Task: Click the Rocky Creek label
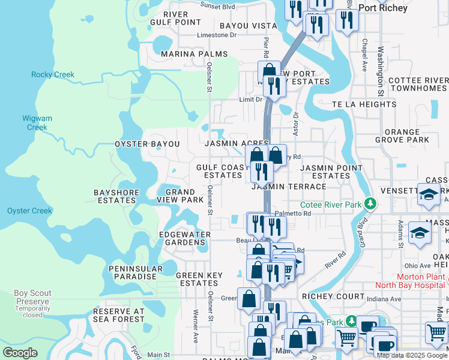tap(53, 75)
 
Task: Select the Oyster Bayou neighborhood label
tap(147, 145)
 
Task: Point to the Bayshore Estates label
tap(116, 196)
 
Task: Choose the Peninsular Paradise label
tap(136, 272)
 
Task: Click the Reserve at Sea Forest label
tap(119, 316)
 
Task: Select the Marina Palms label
tap(194, 54)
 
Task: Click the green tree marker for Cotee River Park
tap(371, 205)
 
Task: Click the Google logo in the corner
tap(20, 353)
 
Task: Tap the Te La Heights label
tap(363, 104)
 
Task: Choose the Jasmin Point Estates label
tap(331, 172)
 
